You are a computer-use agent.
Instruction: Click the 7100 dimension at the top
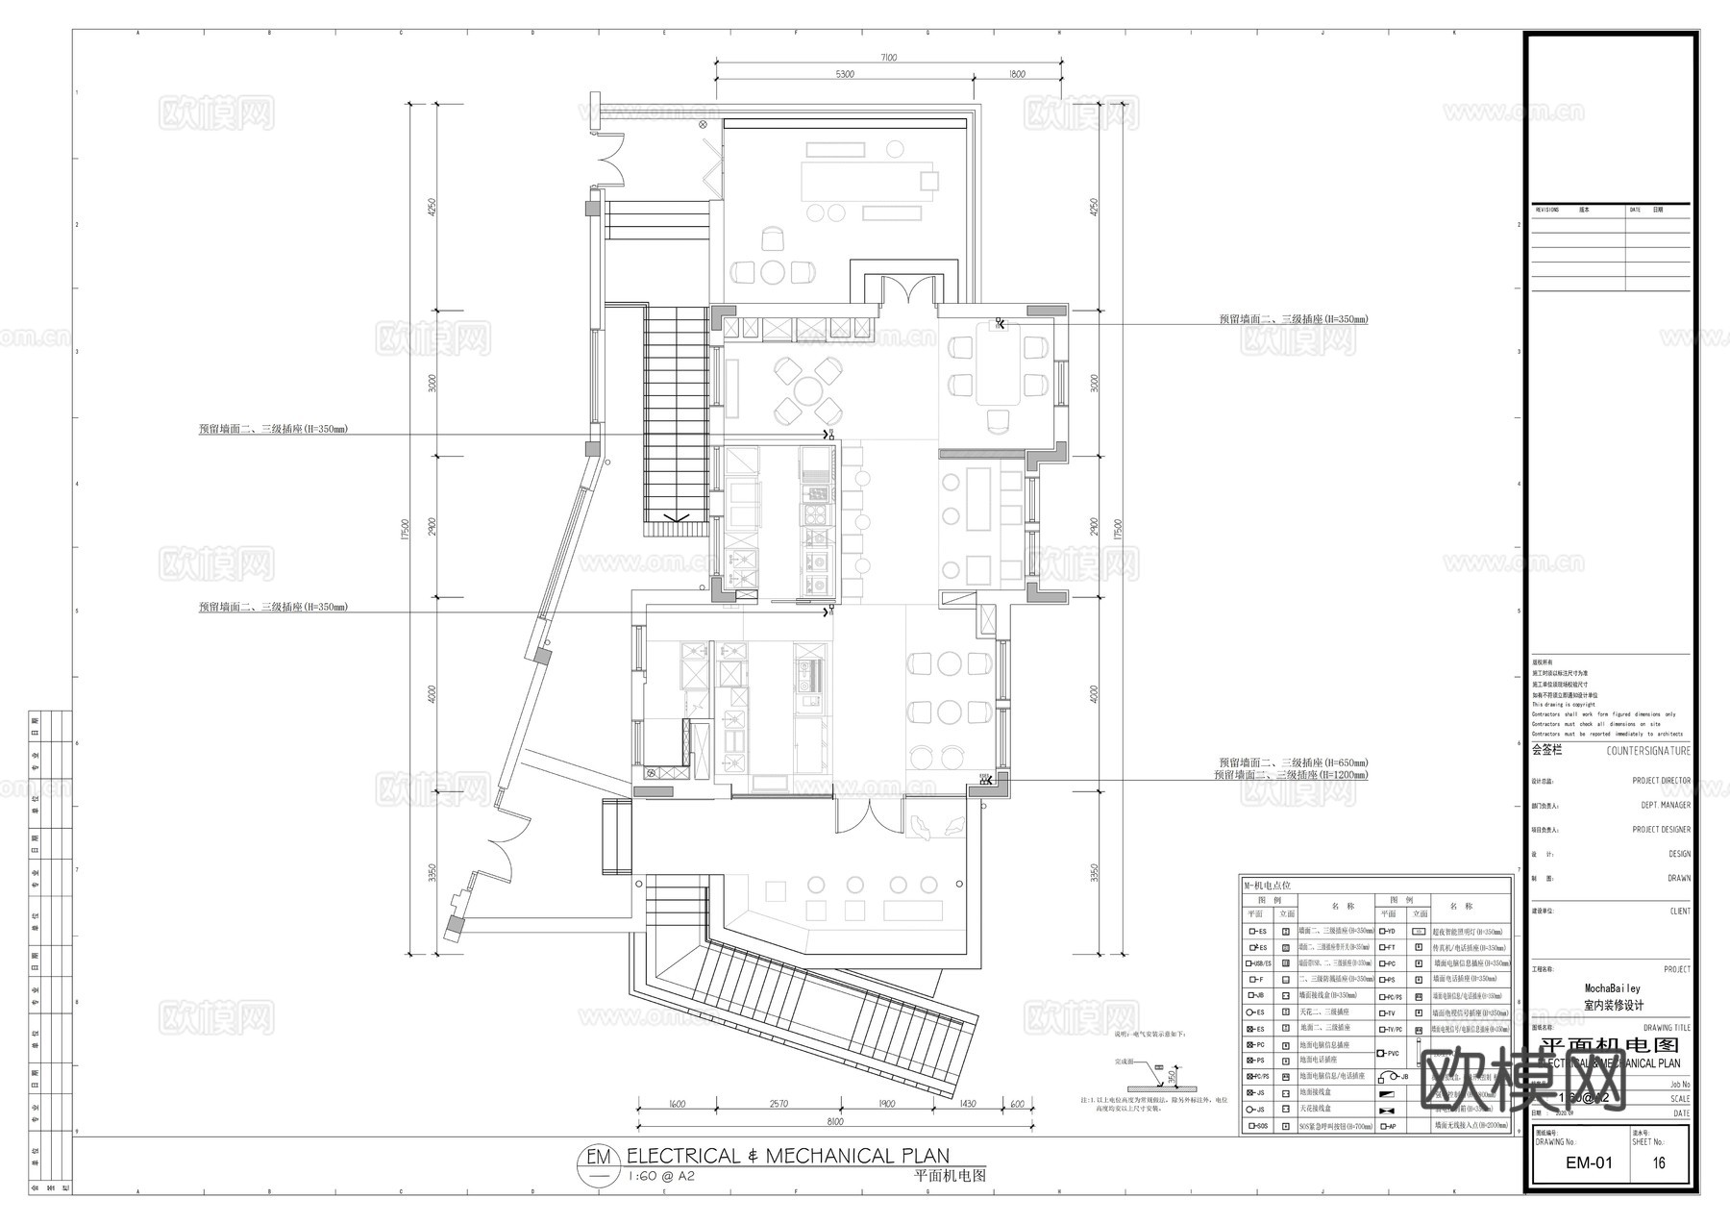point(887,58)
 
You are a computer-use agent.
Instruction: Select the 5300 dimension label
point(844,74)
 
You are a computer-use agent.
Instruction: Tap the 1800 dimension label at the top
point(1017,74)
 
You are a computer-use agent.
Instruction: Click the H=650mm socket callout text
point(1292,762)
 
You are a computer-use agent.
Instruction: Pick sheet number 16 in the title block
point(1659,1162)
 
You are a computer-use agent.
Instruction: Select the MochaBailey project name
point(1613,988)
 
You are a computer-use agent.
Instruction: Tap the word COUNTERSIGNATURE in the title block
point(1647,750)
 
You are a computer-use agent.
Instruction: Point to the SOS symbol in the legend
point(1256,1126)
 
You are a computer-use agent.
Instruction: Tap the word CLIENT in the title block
point(1679,912)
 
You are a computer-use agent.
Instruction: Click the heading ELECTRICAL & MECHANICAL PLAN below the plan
point(787,1157)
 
